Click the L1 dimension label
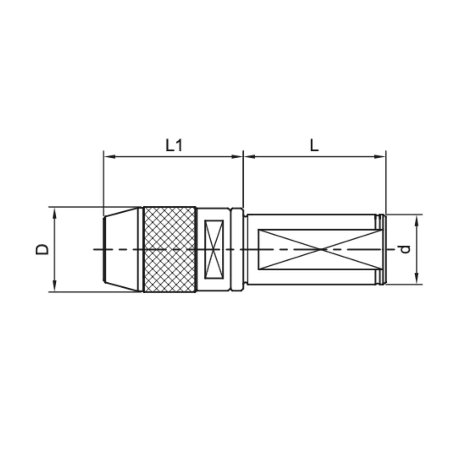[174, 145]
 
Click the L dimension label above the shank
[314, 145]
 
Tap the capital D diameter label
[42, 249]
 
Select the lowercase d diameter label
[406, 249]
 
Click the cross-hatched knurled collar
[170, 249]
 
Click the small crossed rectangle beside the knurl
[214, 249]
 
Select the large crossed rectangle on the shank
[320, 249]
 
